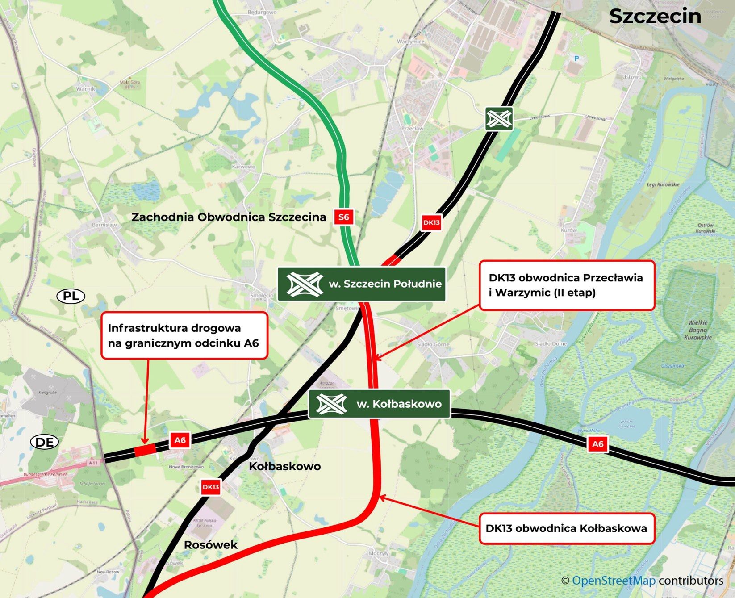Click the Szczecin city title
point(655,17)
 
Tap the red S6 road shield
point(343,217)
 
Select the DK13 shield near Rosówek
point(210,487)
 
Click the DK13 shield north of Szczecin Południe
point(431,222)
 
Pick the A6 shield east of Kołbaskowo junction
point(597,444)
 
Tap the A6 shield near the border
point(180,440)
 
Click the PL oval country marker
point(71,296)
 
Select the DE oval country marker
point(45,442)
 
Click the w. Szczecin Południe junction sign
point(362,284)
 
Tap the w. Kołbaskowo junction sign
point(379,404)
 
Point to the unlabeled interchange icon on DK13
point(499,119)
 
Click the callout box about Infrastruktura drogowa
point(184,335)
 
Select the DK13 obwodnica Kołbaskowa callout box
point(566,529)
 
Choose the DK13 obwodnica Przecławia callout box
point(566,285)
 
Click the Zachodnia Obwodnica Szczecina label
point(229,217)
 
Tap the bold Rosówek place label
point(211,545)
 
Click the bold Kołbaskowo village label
point(284,467)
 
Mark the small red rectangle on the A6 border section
point(145,451)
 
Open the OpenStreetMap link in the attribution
point(613,581)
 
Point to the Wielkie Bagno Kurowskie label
point(697,330)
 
